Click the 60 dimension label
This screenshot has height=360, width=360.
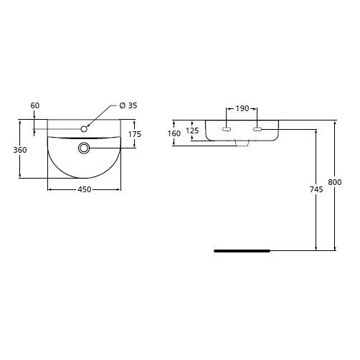coord(35,105)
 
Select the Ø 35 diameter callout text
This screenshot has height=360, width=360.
coord(128,105)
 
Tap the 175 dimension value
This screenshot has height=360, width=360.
coord(135,134)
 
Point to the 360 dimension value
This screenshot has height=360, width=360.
coord(20,150)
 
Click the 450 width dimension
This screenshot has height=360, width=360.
coord(85,189)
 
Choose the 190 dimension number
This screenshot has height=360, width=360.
coord(242,108)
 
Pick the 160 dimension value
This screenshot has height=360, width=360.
coord(174,133)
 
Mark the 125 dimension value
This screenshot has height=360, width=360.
coord(192,131)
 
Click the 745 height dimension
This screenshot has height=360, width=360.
coord(316,189)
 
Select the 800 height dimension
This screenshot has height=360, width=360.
coord(335,182)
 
